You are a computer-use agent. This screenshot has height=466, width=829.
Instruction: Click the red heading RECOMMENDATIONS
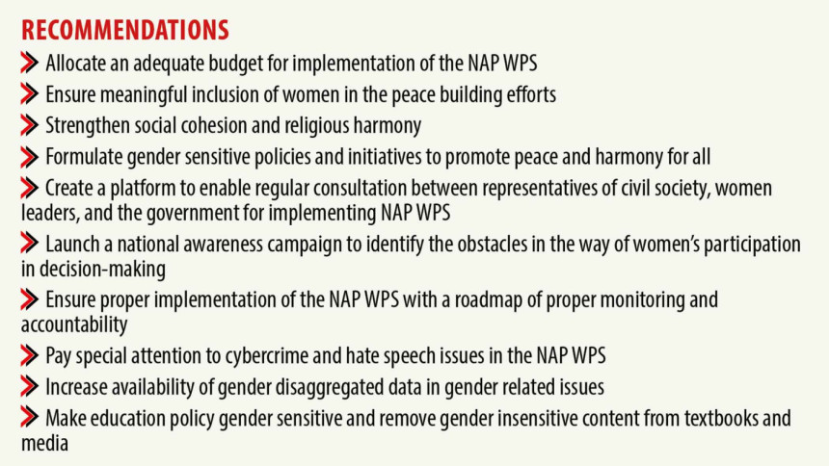pos(125,30)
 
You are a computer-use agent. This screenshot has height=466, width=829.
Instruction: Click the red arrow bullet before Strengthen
pos(30,126)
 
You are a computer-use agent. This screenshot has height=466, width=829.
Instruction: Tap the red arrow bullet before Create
pos(30,188)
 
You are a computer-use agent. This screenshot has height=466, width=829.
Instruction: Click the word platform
pos(142,189)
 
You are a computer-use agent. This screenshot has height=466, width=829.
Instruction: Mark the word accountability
pos(74,324)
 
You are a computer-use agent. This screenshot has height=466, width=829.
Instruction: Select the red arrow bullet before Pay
pos(30,356)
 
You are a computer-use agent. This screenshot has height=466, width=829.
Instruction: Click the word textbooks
pos(722,418)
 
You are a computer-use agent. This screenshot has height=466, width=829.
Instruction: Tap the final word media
pos(45,443)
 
